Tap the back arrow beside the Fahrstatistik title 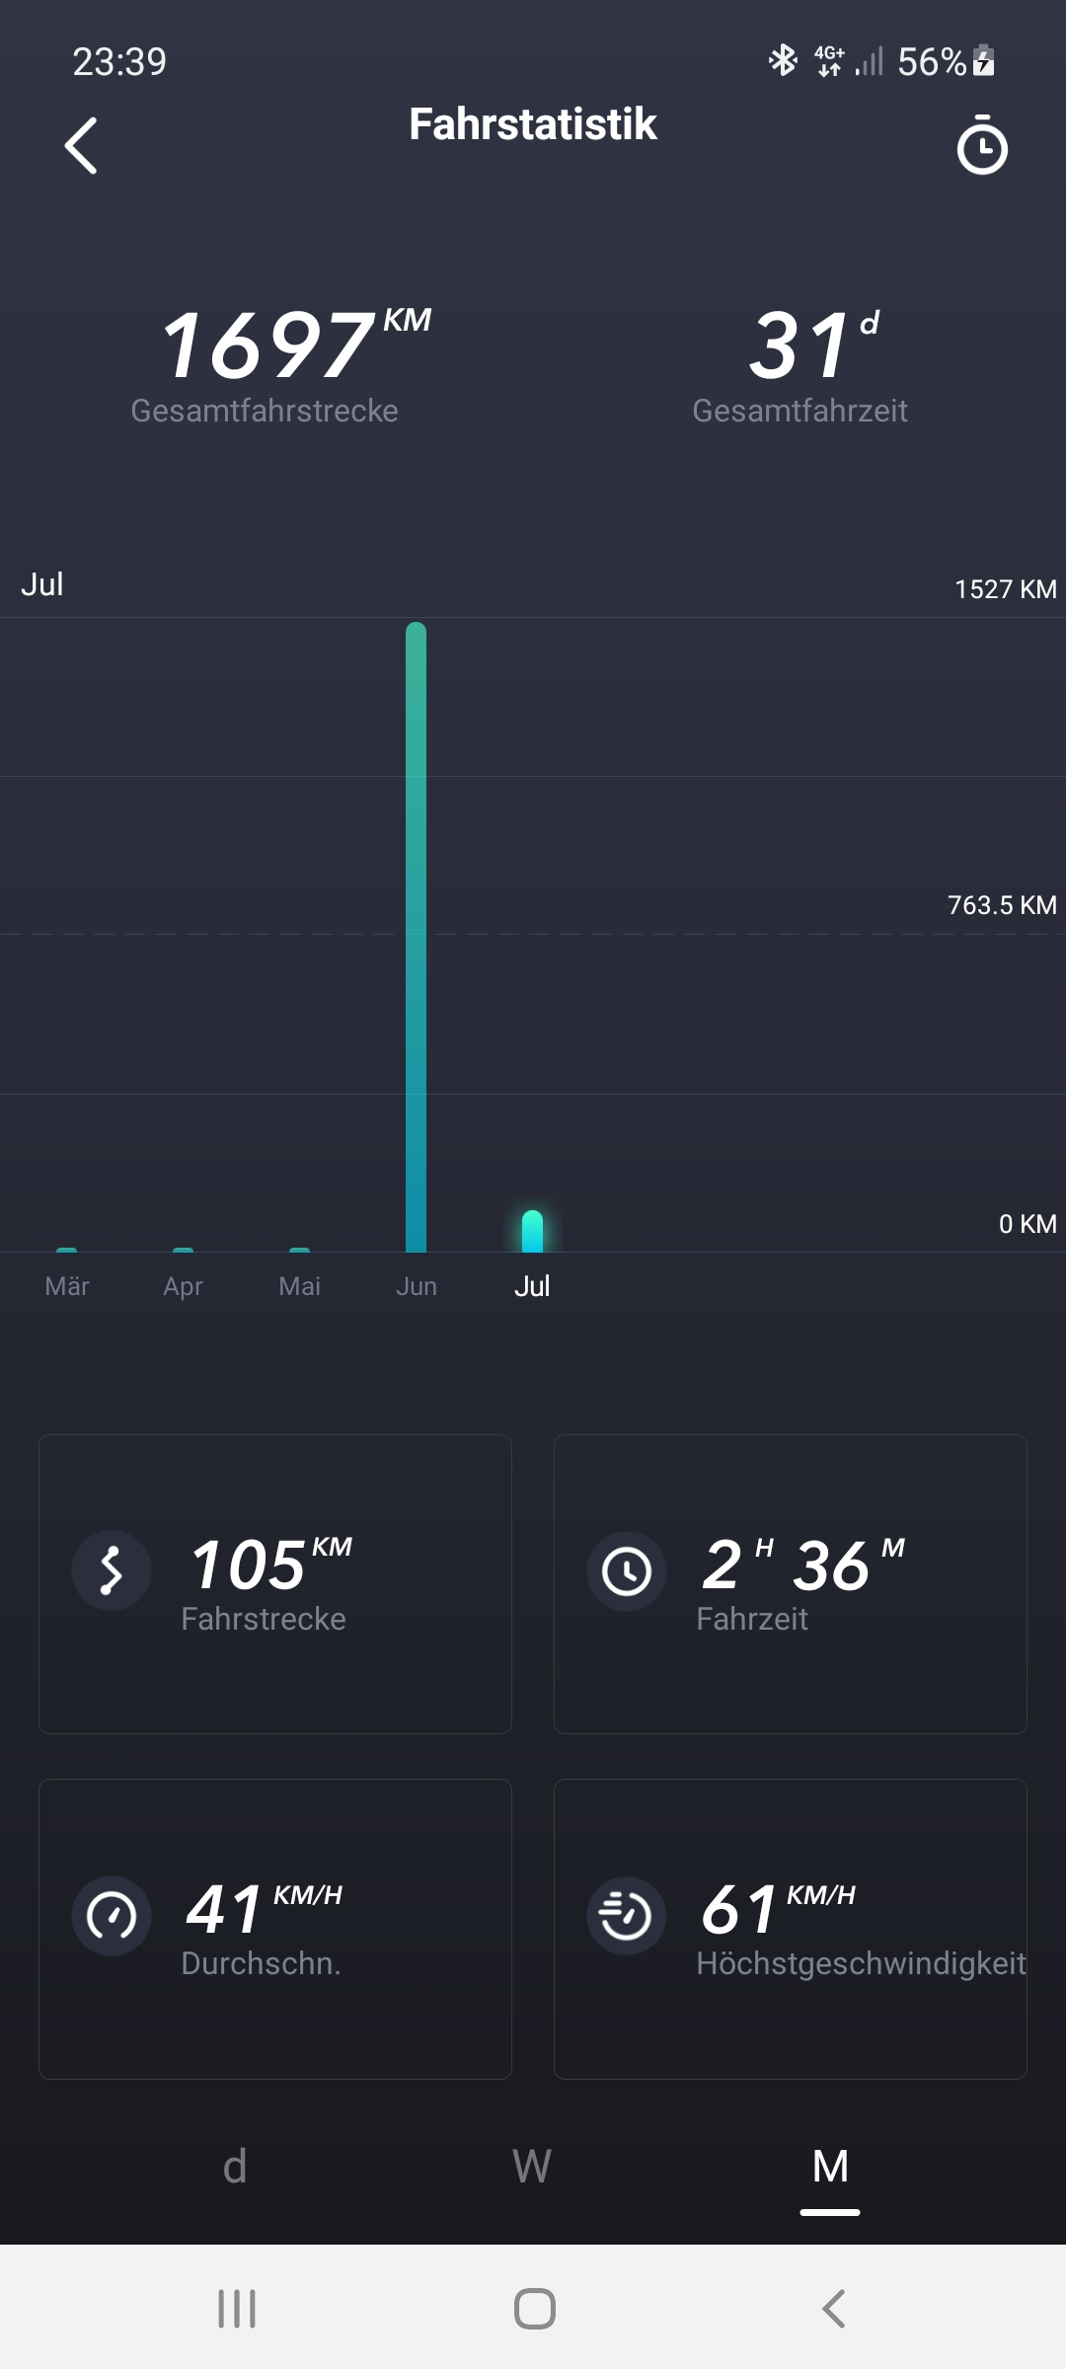pos(81,146)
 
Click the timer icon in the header pos(982,146)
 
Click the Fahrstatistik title pos(533,124)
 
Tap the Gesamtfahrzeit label pos(799,411)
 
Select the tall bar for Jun pos(417,938)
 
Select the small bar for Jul pos(532,1232)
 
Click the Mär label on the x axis pos(67,1286)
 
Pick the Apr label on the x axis pos(184,1286)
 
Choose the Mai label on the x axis pos(300,1286)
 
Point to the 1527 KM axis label pos(1005,589)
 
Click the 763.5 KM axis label pos(1001,905)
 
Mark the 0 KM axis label pos(1027,1224)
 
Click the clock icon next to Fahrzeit pos(627,1570)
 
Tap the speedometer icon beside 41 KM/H pos(112,1916)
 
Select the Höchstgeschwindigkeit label pos(861,1963)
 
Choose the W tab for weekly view pos(532,2167)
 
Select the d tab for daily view pos(235,2167)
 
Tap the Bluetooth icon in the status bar pos(783,61)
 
